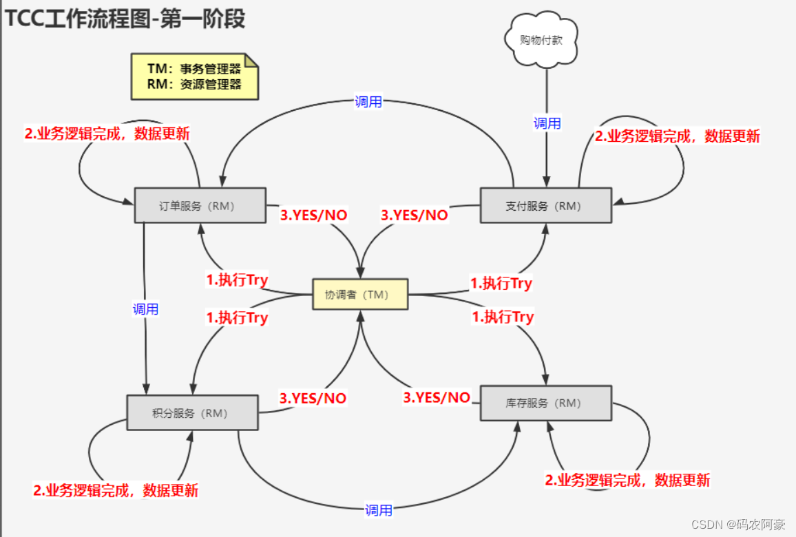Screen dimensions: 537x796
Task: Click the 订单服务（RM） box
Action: pos(200,205)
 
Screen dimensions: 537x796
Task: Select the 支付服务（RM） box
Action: pos(545,205)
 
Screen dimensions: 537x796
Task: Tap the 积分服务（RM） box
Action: pos(192,412)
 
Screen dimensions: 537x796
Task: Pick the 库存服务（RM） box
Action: pos(545,403)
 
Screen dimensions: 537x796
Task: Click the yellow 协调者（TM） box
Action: pos(360,294)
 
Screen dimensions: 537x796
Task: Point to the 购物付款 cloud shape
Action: pos(541,40)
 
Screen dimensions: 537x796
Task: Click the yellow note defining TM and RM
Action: pos(194,77)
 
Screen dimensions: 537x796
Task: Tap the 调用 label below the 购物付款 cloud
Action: pos(547,123)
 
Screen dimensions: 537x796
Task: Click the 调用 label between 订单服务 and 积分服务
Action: pos(145,309)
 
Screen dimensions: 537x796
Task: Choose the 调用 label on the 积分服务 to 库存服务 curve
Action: pos(379,510)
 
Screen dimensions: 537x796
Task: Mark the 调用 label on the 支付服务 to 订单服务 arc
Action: pos(368,102)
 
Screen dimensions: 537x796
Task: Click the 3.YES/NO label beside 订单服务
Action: pos(313,215)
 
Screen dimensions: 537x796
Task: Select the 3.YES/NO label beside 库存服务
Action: pos(437,397)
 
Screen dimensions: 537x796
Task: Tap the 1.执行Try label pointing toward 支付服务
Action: pos(501,283)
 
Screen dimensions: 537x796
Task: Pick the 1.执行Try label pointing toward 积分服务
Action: pos(237,318)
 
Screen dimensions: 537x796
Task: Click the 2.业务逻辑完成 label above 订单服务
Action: pos(107,134)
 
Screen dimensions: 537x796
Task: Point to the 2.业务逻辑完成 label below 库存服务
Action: pos(627,480)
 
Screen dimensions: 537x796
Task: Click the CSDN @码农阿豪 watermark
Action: pos(738,525)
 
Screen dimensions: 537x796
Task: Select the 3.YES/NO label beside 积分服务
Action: pos(313,398)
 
